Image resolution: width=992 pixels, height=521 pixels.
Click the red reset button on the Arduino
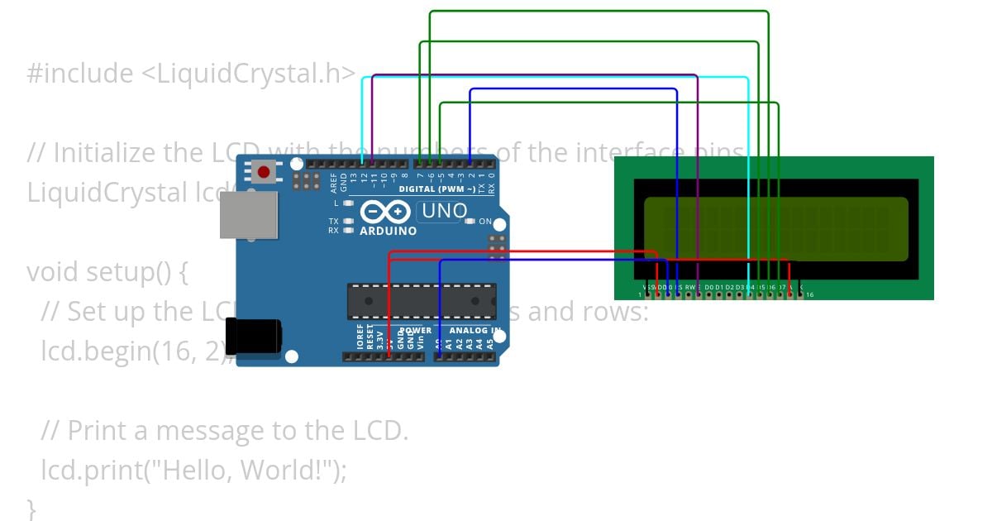tap(264, 172)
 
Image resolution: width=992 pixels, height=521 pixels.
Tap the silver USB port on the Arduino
tap(249, 217)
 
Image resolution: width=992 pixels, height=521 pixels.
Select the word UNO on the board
tap(445, 211)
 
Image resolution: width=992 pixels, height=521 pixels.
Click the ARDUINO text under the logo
tap(388, 231)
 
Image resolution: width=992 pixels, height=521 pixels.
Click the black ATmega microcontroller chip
tap(422, 300)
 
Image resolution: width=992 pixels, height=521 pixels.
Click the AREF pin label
tap(334, 181)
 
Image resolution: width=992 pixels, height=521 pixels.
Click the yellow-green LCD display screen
tap(775, 229)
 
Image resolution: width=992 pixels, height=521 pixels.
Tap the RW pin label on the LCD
tap(689, 287)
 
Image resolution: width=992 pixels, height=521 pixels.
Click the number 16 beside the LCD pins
tap(809, 294)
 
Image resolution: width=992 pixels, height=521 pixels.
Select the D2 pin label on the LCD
tap(729, 287)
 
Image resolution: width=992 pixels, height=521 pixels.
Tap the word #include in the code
tap(79, 74)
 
